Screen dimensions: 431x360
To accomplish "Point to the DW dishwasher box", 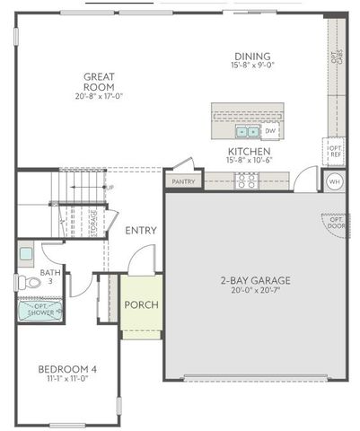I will (269, 131).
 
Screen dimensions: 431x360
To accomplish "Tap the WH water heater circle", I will (334, 181).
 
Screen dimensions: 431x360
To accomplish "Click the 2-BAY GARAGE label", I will (255, 280).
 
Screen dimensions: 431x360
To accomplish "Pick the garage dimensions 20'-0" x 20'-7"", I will (255, 291).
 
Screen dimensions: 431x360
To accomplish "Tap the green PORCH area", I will (141, 305).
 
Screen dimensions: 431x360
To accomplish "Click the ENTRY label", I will (141, 231).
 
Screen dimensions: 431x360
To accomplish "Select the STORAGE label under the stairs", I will (95, 221).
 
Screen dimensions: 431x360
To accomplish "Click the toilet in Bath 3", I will (31, 282).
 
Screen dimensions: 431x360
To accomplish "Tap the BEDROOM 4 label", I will (66, 369).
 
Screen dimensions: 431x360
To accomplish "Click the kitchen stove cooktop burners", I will (245, 180).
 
